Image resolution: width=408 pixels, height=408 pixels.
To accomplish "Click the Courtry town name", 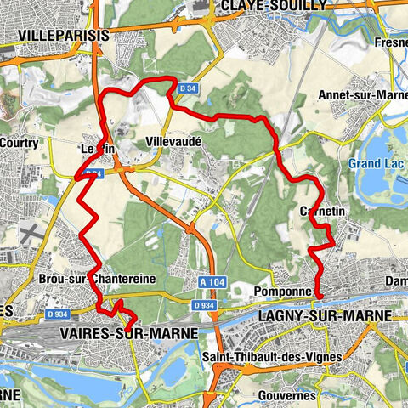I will (x=20, y=143).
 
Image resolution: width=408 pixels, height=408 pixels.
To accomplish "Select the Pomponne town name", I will (x=278, y=291).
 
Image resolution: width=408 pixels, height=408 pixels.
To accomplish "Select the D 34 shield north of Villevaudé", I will (x=185, y=86).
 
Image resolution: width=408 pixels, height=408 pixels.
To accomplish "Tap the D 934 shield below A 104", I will (x=202, y=304).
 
